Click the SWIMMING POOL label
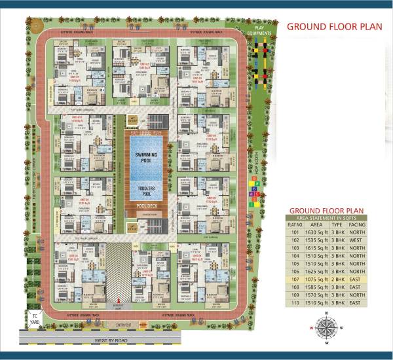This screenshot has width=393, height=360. pyautogui.click(x=146, y=156)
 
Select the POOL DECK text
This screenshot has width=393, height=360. pyautogui.click(x=146, y=206)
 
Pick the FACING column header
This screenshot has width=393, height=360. pyautogui.click(x=357, y=224)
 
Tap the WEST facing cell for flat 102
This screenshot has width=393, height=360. pyautogui.click(x=357, y=240)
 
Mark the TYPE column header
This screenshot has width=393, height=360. pyautogui.click(x=338, y=224)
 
